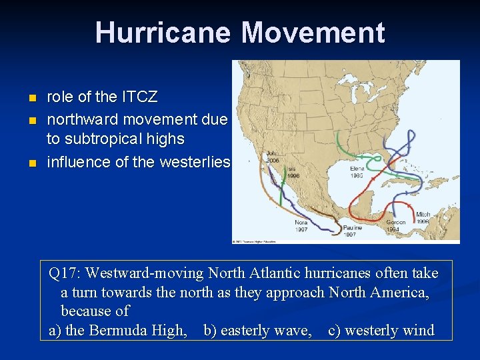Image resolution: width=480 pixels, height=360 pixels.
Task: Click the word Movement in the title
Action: tap(313, 33)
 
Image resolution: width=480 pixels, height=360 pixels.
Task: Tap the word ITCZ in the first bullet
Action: tap(139, 97)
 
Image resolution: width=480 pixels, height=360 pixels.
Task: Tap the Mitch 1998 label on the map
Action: tap(423, 218)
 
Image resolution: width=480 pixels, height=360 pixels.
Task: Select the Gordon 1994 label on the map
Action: tap(395, 225)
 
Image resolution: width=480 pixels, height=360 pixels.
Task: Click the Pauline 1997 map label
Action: tap(353, 231)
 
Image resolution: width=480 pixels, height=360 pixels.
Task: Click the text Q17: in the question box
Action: tap(65, 273)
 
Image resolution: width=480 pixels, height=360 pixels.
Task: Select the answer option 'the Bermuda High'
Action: tap(126, 331)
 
